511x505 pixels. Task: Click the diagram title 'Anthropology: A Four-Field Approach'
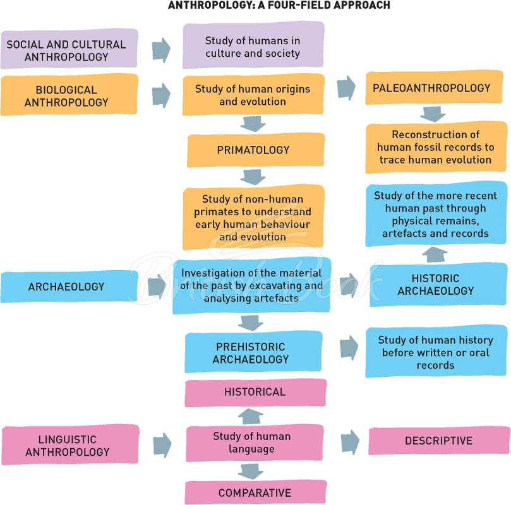click(x=279, y=5)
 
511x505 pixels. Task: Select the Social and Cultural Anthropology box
click(x=69, y=49)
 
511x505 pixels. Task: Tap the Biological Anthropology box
click(x=69, y=95)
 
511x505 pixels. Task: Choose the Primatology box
click(x=256, y=150)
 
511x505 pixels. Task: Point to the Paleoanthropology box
click(x=434, y=87)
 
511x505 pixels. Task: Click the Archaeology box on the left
click(x=69, y=287)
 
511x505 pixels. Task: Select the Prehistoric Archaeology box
click(x=253, y=352)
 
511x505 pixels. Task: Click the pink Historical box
click(x=255, y=393)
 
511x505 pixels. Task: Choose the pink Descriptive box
click(x=439, y=441)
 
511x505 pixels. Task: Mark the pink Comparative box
click(x=255, y=492)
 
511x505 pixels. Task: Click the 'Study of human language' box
click(x=255, y=443)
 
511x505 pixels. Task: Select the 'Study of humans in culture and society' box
click(x=253, y=45)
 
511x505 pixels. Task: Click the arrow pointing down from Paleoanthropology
click(x=433, y=114)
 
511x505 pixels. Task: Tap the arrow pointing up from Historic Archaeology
click(x=435, y=254)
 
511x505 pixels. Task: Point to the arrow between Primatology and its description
click(x=253, y=177)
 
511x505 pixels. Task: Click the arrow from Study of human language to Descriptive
click(x=351, y=442)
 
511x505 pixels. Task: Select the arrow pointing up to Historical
click(x=251, y=417)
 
